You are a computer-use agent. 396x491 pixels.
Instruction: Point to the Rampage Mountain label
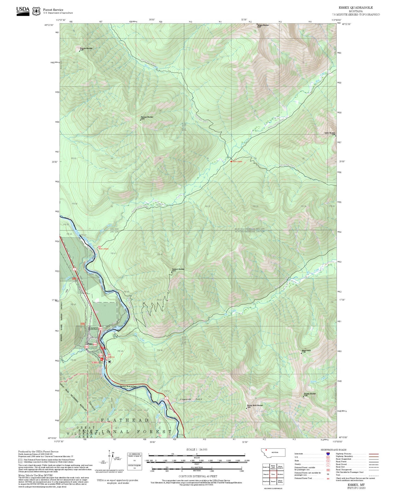147,117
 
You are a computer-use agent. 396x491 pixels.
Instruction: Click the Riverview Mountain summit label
86,49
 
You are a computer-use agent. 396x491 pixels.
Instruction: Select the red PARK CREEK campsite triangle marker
231,161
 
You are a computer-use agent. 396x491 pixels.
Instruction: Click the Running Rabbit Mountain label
255,406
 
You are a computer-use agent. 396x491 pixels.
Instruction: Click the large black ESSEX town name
93,328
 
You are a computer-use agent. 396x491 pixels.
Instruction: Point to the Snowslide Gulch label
191,399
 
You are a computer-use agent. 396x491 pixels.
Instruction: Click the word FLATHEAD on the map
125,420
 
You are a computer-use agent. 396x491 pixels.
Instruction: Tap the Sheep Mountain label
330,133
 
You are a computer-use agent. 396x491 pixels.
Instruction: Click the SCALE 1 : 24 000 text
197,450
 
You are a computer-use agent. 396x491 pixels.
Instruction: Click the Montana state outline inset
273,452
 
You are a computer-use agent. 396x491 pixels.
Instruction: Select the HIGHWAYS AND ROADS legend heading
333,450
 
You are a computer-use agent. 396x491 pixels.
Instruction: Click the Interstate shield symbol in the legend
328,454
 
